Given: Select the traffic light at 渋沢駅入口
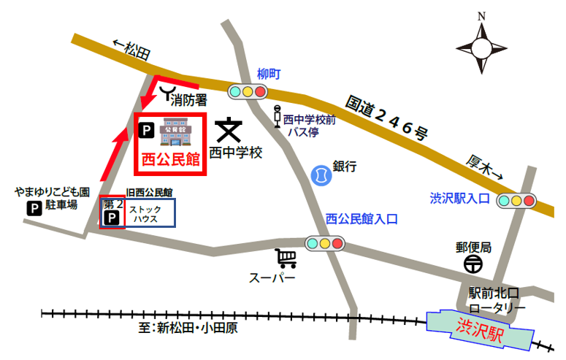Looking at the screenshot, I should coord(516,200).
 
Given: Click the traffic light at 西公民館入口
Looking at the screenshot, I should coord(325,243).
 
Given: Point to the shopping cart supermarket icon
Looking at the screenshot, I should coord(286,258).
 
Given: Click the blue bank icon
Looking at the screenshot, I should coord(320,175).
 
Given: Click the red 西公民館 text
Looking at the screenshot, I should coord(171,158).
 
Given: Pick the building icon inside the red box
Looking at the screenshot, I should coord(175,132).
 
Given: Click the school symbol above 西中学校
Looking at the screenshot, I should coord(229,131).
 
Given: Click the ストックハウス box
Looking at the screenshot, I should coord(150,214).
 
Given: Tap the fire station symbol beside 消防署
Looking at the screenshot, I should coord(170,92).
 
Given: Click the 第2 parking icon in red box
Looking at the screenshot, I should coord(112,218).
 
